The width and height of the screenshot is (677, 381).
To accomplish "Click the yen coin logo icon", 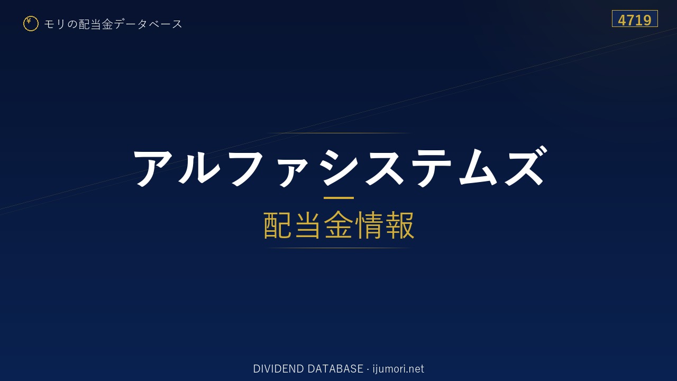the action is click(x=31, y=24).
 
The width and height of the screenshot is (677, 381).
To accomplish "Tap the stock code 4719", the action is click(x=635, y=20).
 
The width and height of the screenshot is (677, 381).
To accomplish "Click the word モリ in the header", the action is click(x=54, y=24).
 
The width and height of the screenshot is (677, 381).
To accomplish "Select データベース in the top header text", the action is click(x=148, y=24).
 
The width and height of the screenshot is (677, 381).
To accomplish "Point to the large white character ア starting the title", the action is click(x=153, y=168).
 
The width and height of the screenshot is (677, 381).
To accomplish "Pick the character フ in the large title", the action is click(x=247, y=168).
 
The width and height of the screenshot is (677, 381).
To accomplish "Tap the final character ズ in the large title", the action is click(x=526, y=166).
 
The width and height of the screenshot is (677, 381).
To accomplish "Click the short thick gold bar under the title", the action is click(x=338, y=198).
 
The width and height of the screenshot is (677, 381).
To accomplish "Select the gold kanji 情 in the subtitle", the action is click(x=369, y=225).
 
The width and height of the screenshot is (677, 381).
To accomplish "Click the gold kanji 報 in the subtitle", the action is click(x=399, y=225).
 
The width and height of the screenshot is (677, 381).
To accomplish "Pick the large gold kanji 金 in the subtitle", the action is click(x=338, y=225).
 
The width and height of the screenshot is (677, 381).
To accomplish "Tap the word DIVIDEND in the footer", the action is click(x=278, y=369).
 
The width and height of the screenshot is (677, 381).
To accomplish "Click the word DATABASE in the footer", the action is click(x=335, y=369).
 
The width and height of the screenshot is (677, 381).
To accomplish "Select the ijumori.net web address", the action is click(x=398, y=369).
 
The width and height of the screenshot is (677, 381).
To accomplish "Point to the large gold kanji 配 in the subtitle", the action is click(x=278, y=225).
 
